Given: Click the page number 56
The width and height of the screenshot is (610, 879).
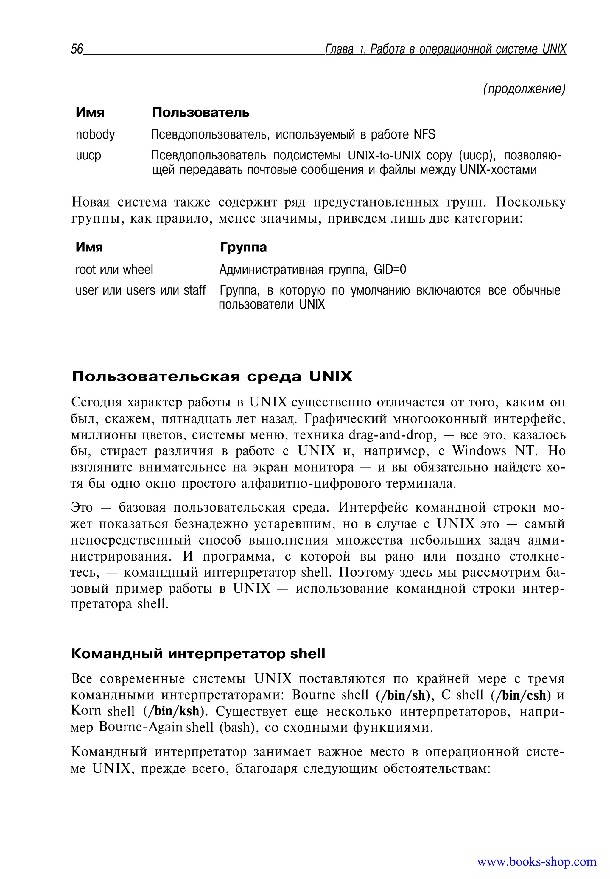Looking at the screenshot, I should (x=77, y=49).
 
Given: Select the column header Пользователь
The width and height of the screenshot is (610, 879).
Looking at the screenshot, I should (x=201, y=113).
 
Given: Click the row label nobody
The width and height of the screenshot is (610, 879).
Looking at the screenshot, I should (x=95, y=135).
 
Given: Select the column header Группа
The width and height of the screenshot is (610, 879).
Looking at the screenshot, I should (x=243, y=248).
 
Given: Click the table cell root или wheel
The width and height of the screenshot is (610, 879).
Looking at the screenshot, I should (x=114, y=270).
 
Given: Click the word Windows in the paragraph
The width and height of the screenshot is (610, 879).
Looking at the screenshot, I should (x=479, y=451).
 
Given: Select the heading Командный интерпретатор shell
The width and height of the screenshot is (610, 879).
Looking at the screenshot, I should (x=198, y=654).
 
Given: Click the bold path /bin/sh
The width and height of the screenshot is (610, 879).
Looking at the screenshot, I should (x=401, y=695).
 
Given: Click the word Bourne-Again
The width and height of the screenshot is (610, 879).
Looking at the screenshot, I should (x=141, y=728).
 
